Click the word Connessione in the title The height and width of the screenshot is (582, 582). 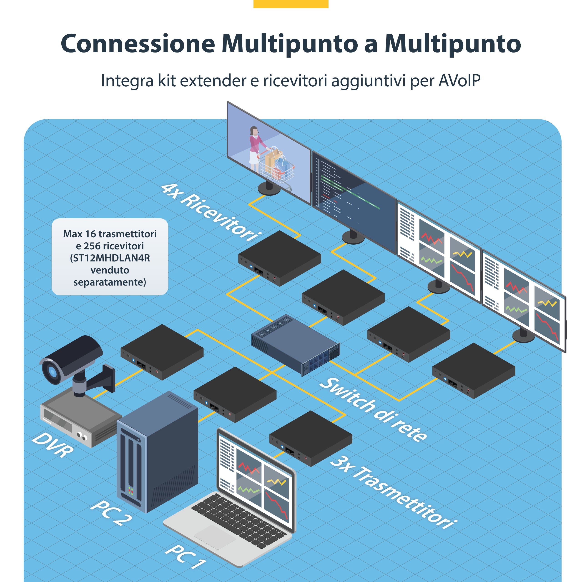click(x=138, y=44)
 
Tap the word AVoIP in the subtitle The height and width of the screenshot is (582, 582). click(x=459, y=81)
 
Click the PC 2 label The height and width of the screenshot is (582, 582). click(x=111, y=513)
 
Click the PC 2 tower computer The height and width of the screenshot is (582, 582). click(x=157, y=452)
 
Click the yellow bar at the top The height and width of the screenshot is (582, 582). click(x=291, y=4)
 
